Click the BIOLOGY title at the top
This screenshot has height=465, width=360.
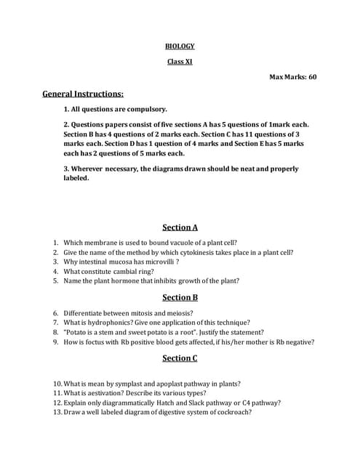coord(180,46)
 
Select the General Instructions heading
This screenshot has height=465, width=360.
coord(83,94)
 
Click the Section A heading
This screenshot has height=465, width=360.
coord(180,227)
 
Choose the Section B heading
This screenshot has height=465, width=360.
coord(180,297)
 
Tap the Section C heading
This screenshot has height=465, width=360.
coord(180,357)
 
